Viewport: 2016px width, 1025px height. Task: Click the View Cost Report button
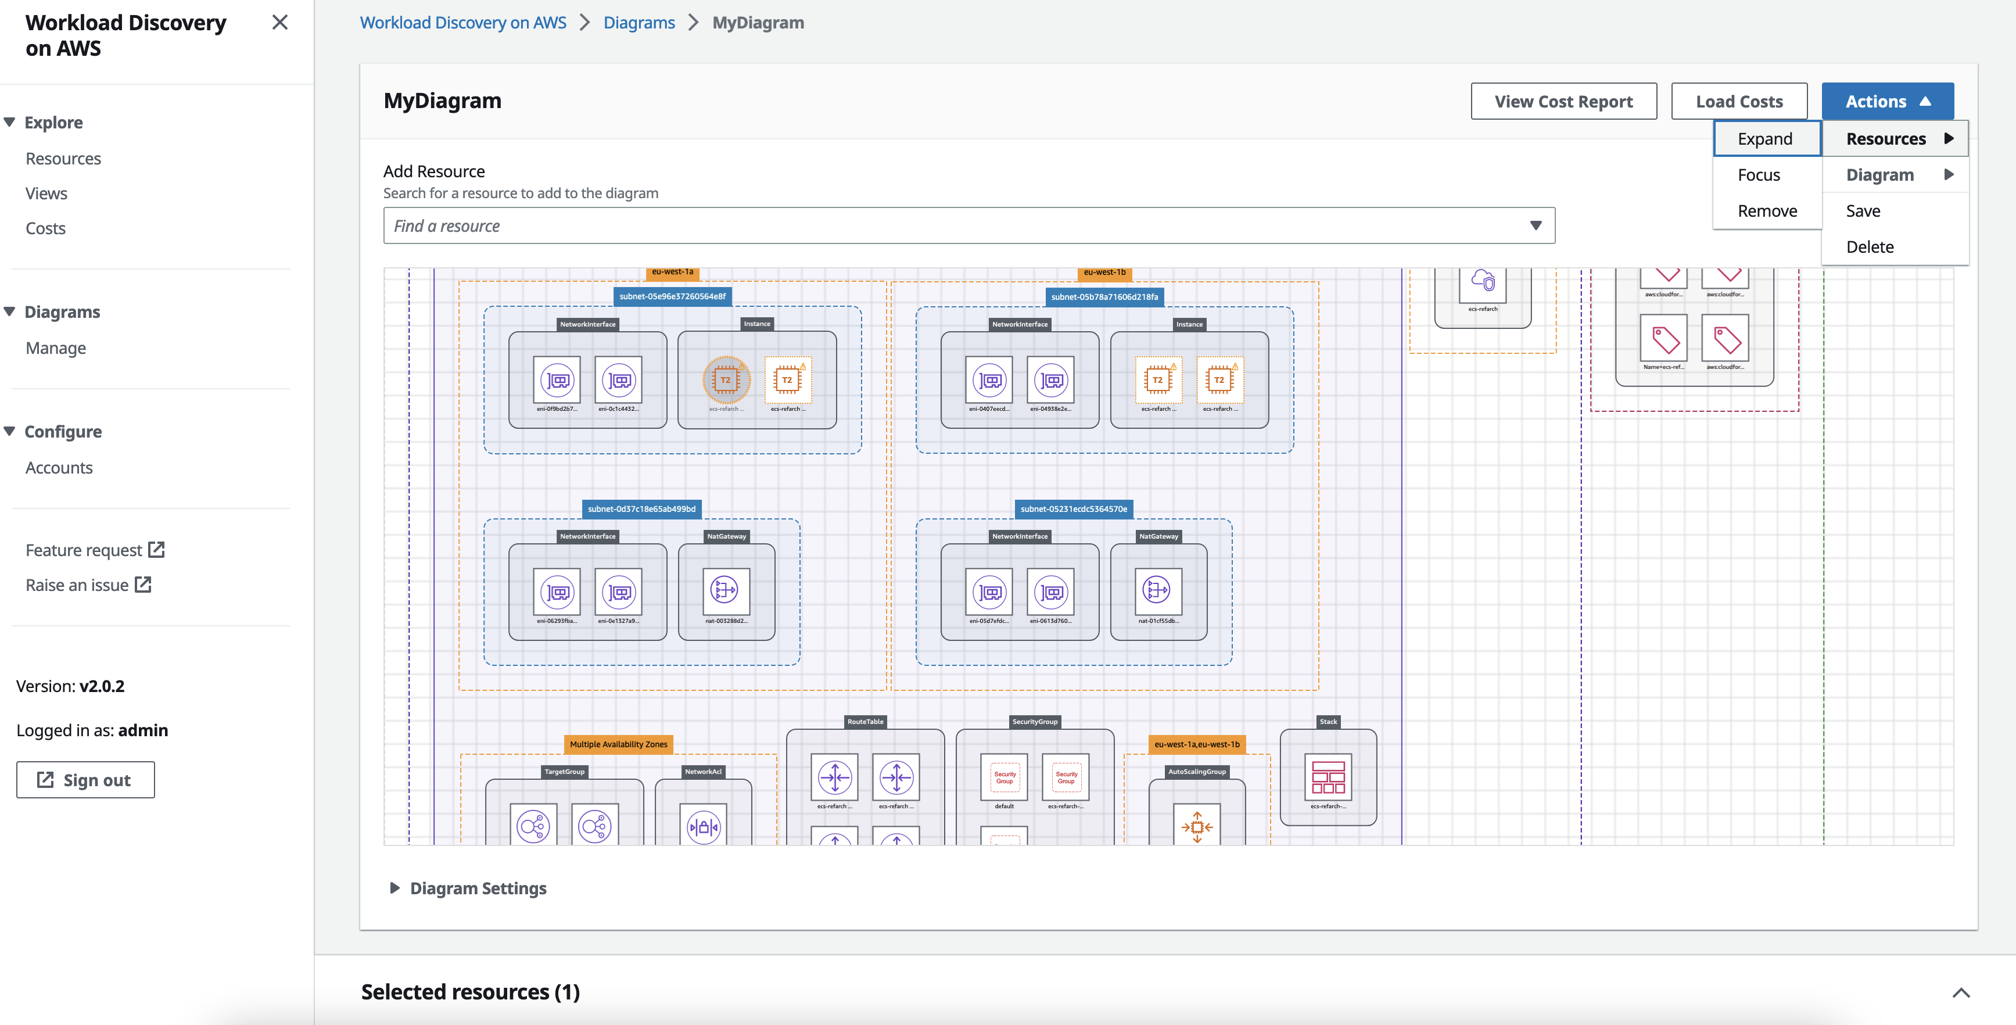[1563, 102]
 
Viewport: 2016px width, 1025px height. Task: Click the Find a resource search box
[955, 225]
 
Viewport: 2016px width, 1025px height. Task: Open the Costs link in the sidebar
[45, 228]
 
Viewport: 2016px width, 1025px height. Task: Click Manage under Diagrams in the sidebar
[56, 347]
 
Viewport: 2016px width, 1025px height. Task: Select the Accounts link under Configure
[59, 467]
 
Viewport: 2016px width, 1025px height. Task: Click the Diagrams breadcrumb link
[638, 23]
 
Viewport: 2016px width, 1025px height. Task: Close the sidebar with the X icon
[279, 23]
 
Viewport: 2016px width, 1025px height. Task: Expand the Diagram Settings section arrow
[394, 887]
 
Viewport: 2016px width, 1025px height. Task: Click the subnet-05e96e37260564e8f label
[672, 296]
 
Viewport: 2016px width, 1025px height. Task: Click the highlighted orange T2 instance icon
[726, 379]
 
